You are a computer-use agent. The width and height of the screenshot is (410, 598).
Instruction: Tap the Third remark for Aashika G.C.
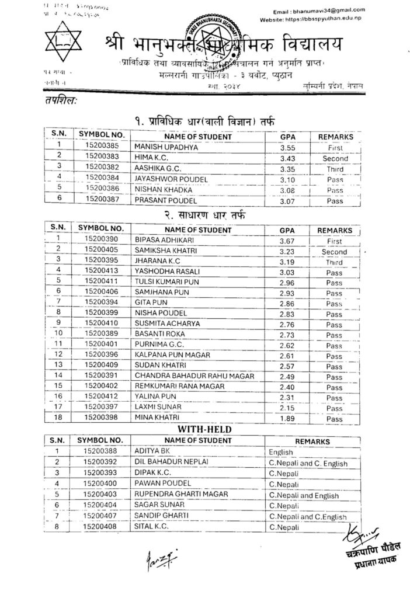click(335, 169)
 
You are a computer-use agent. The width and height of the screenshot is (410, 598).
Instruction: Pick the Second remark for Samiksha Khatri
click(334, 252)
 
